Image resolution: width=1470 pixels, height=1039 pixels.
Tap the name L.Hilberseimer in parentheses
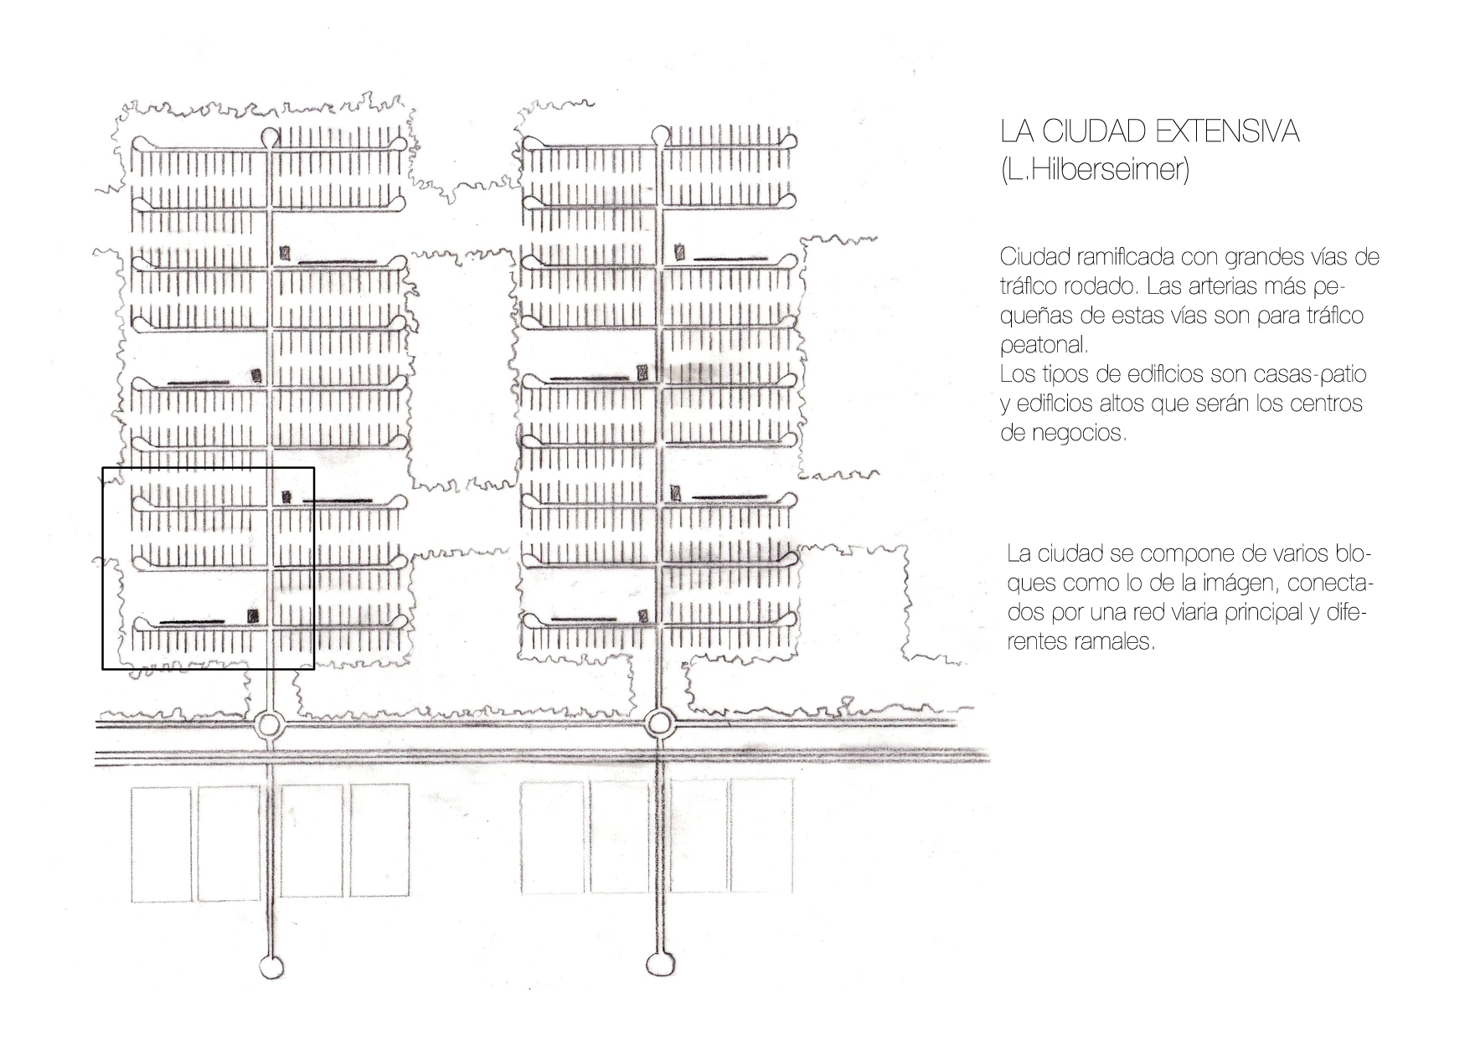click(1095, 170)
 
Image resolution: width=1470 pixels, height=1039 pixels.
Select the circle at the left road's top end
click(270, 136)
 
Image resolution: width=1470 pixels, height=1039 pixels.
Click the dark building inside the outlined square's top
click(286, 496)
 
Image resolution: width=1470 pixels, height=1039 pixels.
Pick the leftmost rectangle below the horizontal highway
click(161, 843)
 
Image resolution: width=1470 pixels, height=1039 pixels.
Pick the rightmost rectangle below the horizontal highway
click(761, 836)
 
